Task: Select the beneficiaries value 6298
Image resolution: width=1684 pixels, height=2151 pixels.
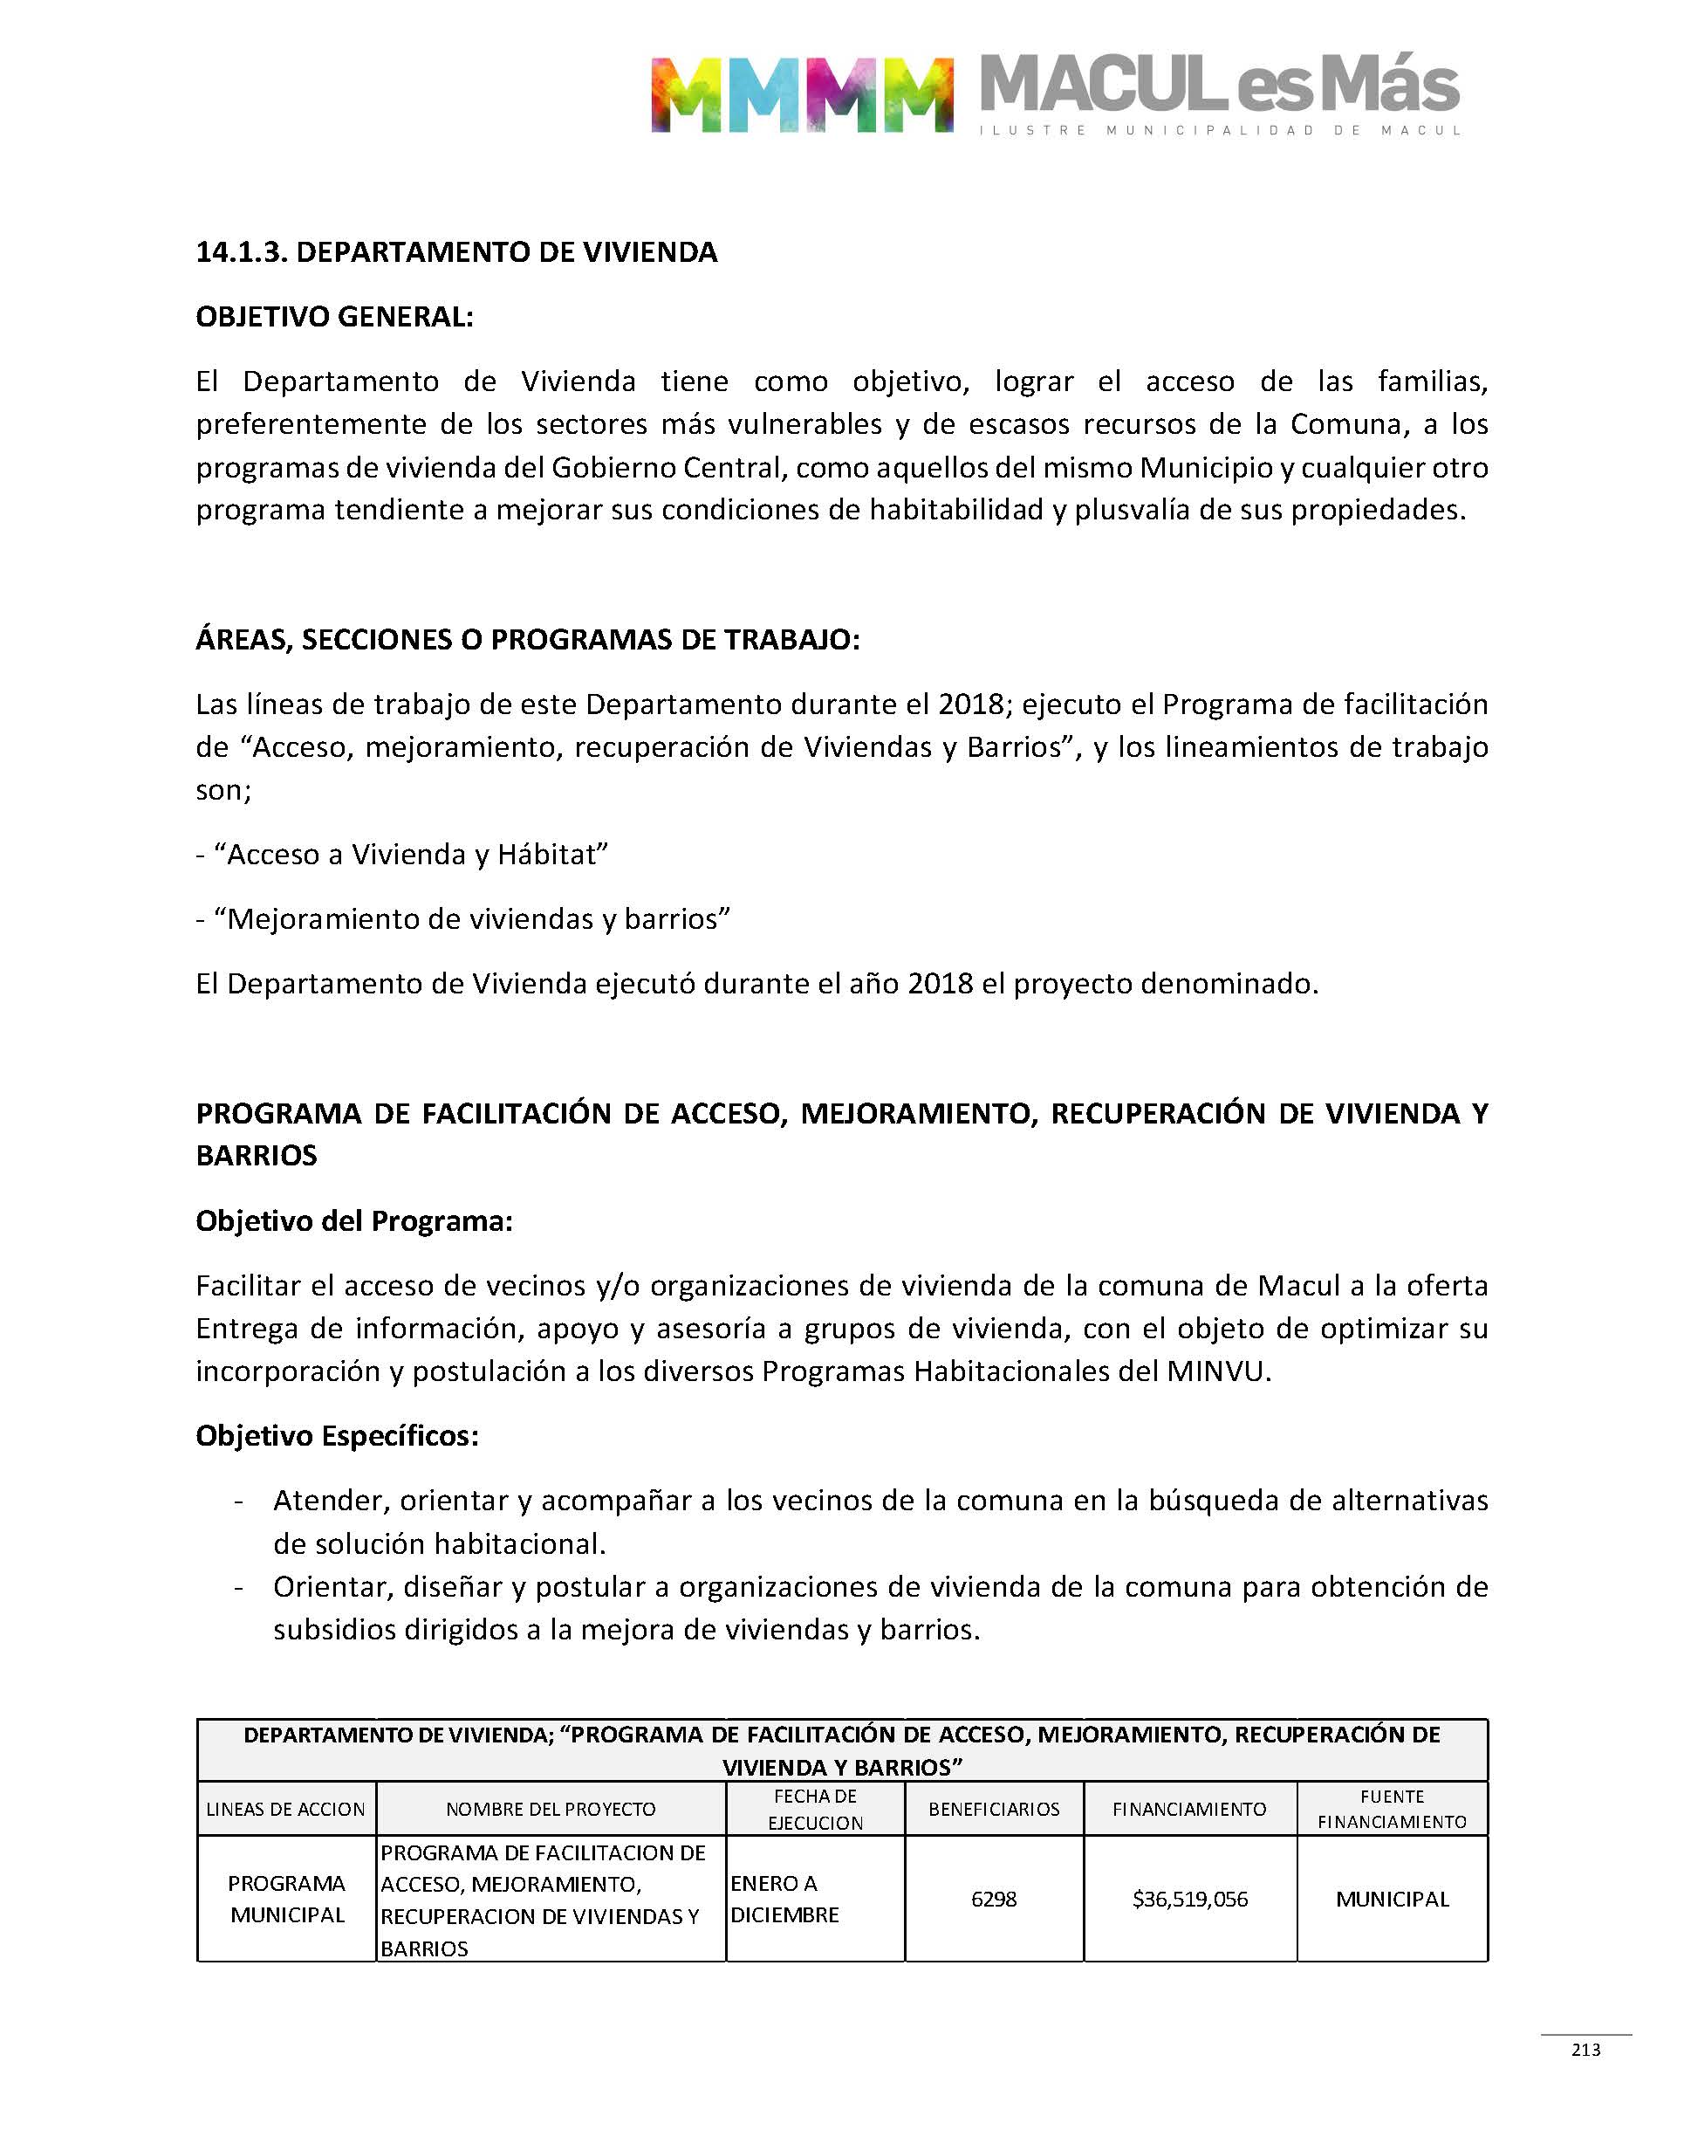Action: tap(993, 1899)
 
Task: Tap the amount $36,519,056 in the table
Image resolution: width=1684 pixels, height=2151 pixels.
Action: tap(1189, 1899)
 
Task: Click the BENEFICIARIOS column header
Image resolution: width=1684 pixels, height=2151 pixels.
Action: tap(993, 1809)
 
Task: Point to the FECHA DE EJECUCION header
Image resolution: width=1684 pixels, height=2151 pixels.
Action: tap(814, 1809)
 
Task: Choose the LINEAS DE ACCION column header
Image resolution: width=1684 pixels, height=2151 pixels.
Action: tap(286, 1809)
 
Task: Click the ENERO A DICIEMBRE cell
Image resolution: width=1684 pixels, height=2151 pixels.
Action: tap(784, 1899)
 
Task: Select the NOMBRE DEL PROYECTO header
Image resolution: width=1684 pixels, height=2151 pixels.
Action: tap(551, 1809)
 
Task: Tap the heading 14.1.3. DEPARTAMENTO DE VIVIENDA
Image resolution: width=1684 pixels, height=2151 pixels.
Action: tap(456, 252)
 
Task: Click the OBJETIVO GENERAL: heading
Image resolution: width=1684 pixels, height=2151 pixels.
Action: tap(334, 317)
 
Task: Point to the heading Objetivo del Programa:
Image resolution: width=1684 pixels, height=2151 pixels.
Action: tap(354, 1221)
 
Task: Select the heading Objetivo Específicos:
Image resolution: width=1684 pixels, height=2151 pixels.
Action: tap(337, 1435)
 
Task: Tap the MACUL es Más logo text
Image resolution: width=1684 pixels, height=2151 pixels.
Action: tap(1219, 85)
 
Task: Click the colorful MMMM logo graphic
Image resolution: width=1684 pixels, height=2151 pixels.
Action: tap(802, 94)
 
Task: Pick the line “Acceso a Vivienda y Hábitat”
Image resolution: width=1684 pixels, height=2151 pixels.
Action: tap(410, 854)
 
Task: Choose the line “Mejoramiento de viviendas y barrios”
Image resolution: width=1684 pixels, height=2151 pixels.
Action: tap(471, 918)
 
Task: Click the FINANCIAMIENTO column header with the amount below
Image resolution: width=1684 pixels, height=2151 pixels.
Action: tap(1189, 1809)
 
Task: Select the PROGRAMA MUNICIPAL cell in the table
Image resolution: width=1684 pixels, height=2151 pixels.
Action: tap(286, 1899)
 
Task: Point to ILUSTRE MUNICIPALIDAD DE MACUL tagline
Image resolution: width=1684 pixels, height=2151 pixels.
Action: tap(1219, 130)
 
